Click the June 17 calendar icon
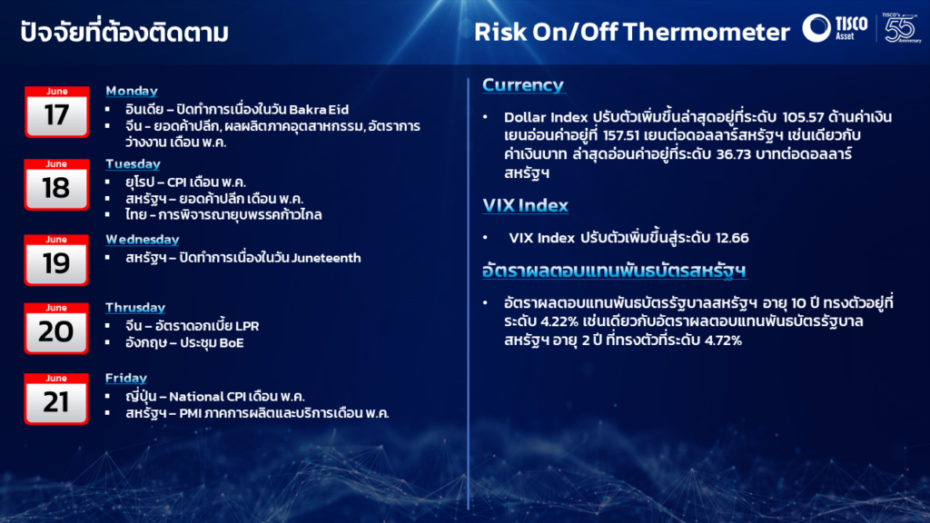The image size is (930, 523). coord(57,112)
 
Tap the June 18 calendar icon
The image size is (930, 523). coord(57,184)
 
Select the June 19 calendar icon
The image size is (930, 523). coord(57,260)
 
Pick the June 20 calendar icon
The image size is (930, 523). coord(57,329)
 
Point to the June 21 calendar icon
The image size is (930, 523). coord(57,399)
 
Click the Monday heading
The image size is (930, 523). coord(132,91)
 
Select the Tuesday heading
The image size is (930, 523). coord(133,163)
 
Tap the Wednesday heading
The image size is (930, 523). coord(143,239)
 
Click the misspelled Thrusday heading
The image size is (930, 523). coord(135,307)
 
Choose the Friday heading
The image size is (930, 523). coord(126,378)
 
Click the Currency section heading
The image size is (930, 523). coord(523,85)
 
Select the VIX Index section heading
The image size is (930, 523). coord(526,206)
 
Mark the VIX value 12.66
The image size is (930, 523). coord(732,238)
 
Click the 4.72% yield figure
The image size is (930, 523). coord(723,340)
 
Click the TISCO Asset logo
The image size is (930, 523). coord(836,28)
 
